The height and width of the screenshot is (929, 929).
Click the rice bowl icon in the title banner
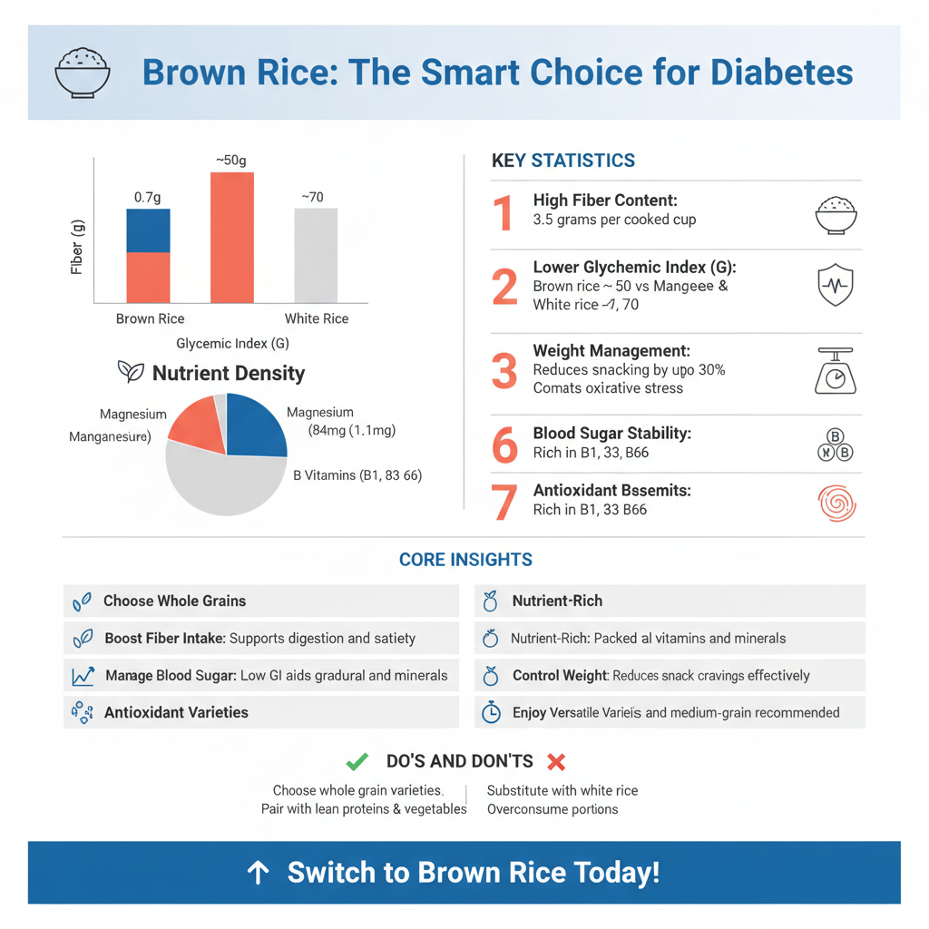pos(83,73)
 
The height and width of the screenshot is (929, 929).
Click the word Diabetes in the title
pos(783,73)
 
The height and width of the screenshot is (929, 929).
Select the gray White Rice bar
pos(316,255)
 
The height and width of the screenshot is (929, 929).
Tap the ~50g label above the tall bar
pos(231,161)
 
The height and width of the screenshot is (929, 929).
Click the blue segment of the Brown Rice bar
pos(148,230)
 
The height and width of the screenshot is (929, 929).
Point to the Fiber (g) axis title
pos(77,247)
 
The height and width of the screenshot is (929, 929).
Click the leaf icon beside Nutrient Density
pos(132,372)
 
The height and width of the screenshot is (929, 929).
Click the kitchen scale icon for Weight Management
pos(836,372)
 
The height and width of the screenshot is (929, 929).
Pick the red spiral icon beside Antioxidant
pos(836,504)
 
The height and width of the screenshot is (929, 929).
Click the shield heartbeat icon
pos(836,286)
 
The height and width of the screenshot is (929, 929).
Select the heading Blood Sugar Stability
pos(611,434)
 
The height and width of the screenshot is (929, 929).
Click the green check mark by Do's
pos(357,761)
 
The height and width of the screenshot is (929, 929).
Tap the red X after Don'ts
pos(557,761)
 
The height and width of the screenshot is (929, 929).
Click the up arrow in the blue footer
pos(259,873)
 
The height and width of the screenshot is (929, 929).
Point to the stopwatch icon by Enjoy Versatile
pos(490,713)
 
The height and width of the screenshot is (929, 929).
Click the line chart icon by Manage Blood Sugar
pos(83,676)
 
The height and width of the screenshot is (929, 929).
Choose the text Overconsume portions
pos(552,808)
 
